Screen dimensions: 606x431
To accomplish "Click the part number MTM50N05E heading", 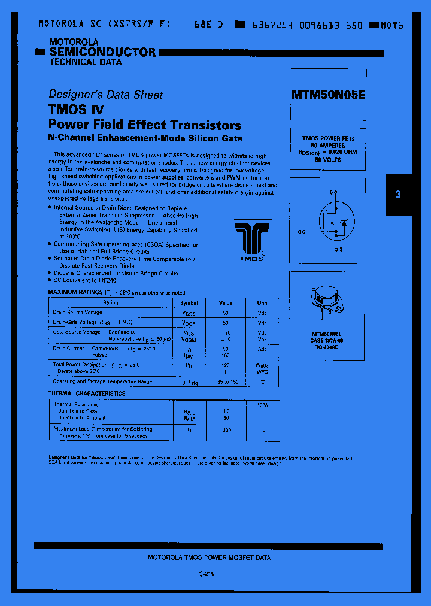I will click(327, 94).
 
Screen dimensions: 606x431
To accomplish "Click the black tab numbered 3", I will click(398, 194).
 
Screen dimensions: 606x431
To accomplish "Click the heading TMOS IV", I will click(76, 110).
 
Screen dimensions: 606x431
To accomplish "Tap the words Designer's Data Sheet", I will click(105, 95).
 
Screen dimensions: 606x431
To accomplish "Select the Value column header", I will click(226, 303).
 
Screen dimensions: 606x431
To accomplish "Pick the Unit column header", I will click(262, 303).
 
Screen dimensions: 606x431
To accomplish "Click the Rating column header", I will click(111, 303).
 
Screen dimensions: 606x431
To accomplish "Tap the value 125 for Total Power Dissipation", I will click(226, 365).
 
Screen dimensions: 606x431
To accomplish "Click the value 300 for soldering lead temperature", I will click(226, 430).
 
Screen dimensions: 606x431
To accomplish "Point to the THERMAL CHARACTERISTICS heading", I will click(87, 393).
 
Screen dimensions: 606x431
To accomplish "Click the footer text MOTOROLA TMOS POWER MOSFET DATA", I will click(209, 557).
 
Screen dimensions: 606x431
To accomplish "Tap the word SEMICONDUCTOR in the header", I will click(102, 52).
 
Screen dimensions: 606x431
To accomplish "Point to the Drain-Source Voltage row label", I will click(77, 313).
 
